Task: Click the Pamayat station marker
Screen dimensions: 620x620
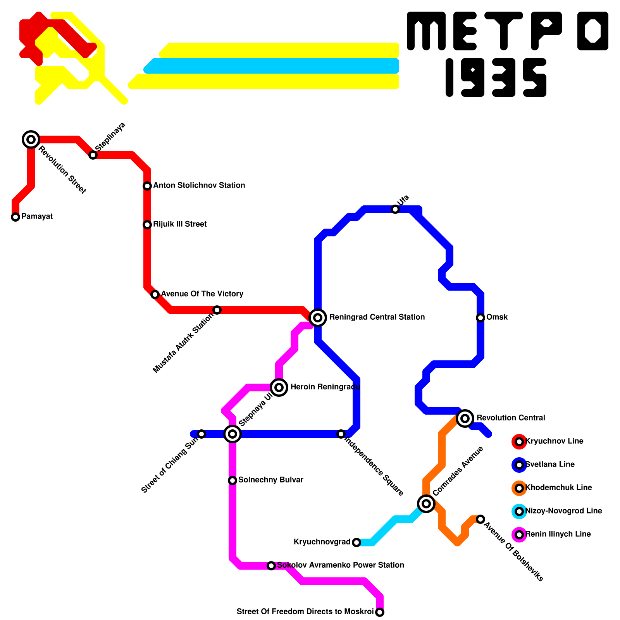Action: tap(15, 217)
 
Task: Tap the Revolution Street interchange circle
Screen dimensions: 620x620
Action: tap(31, 139)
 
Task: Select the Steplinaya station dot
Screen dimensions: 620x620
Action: tap(93, 155)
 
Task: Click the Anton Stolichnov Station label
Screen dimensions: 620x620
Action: tap(199, 186)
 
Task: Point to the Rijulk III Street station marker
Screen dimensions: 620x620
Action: tap(147, 225)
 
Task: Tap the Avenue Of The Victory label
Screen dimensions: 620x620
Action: tap(202, 294)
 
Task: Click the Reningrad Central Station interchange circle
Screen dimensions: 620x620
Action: tap(318, 318)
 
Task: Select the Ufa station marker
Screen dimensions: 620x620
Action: tap(395, 209)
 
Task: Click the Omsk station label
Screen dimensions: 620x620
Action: tap(497, 317)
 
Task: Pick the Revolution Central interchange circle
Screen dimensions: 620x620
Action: tap(465, 418)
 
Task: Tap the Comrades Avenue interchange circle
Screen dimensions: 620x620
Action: tap(426, 504)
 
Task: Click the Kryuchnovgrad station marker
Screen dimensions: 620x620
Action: tap(356, 542)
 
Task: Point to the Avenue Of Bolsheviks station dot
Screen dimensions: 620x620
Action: tap(480, 519)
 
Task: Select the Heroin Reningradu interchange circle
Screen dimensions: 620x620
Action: tap(279, 387)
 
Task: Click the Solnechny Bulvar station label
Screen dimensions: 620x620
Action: tap(270, 480)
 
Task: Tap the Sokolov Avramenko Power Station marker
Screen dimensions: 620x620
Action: tap(271, 566)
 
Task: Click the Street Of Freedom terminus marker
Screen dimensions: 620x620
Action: tap(380, 612)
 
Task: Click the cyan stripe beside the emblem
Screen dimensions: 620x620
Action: tap(271, 66)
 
